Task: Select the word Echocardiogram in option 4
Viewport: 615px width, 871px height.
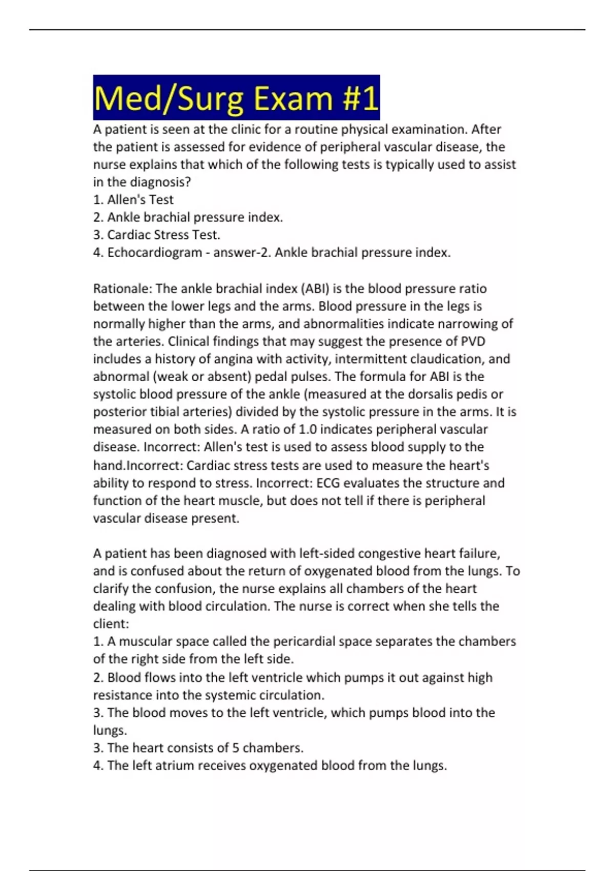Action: click(x=154, y=253)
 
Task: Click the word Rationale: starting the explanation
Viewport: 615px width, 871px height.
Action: click(x=122, y=289)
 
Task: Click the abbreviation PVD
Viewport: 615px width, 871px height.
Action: click(x=473, y=342)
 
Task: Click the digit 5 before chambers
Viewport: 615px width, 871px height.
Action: click(x=236, y=748)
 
